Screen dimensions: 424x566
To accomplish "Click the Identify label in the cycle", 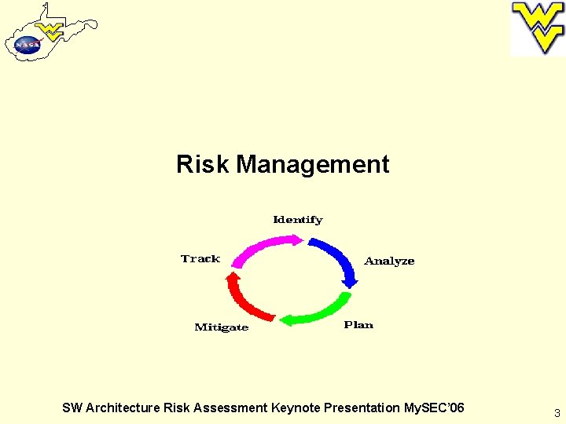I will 297,220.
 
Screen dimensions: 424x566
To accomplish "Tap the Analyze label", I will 389,261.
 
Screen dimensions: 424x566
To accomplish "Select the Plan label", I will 358,325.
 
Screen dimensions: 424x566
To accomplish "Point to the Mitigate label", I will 221,327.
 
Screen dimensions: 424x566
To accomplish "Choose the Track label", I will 200,259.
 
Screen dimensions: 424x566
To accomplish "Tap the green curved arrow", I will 318,312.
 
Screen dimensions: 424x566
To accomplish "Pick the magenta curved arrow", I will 263,251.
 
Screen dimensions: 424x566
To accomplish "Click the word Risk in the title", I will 204,165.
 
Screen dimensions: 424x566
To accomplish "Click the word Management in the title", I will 313,165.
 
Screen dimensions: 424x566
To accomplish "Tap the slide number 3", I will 557,413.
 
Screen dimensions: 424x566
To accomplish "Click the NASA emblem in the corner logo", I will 27,45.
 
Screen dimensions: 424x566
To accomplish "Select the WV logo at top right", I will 538,28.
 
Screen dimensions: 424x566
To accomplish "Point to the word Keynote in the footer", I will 295,408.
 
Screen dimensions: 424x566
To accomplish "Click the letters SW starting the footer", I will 72,408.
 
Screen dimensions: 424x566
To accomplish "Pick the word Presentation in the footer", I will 362,408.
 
